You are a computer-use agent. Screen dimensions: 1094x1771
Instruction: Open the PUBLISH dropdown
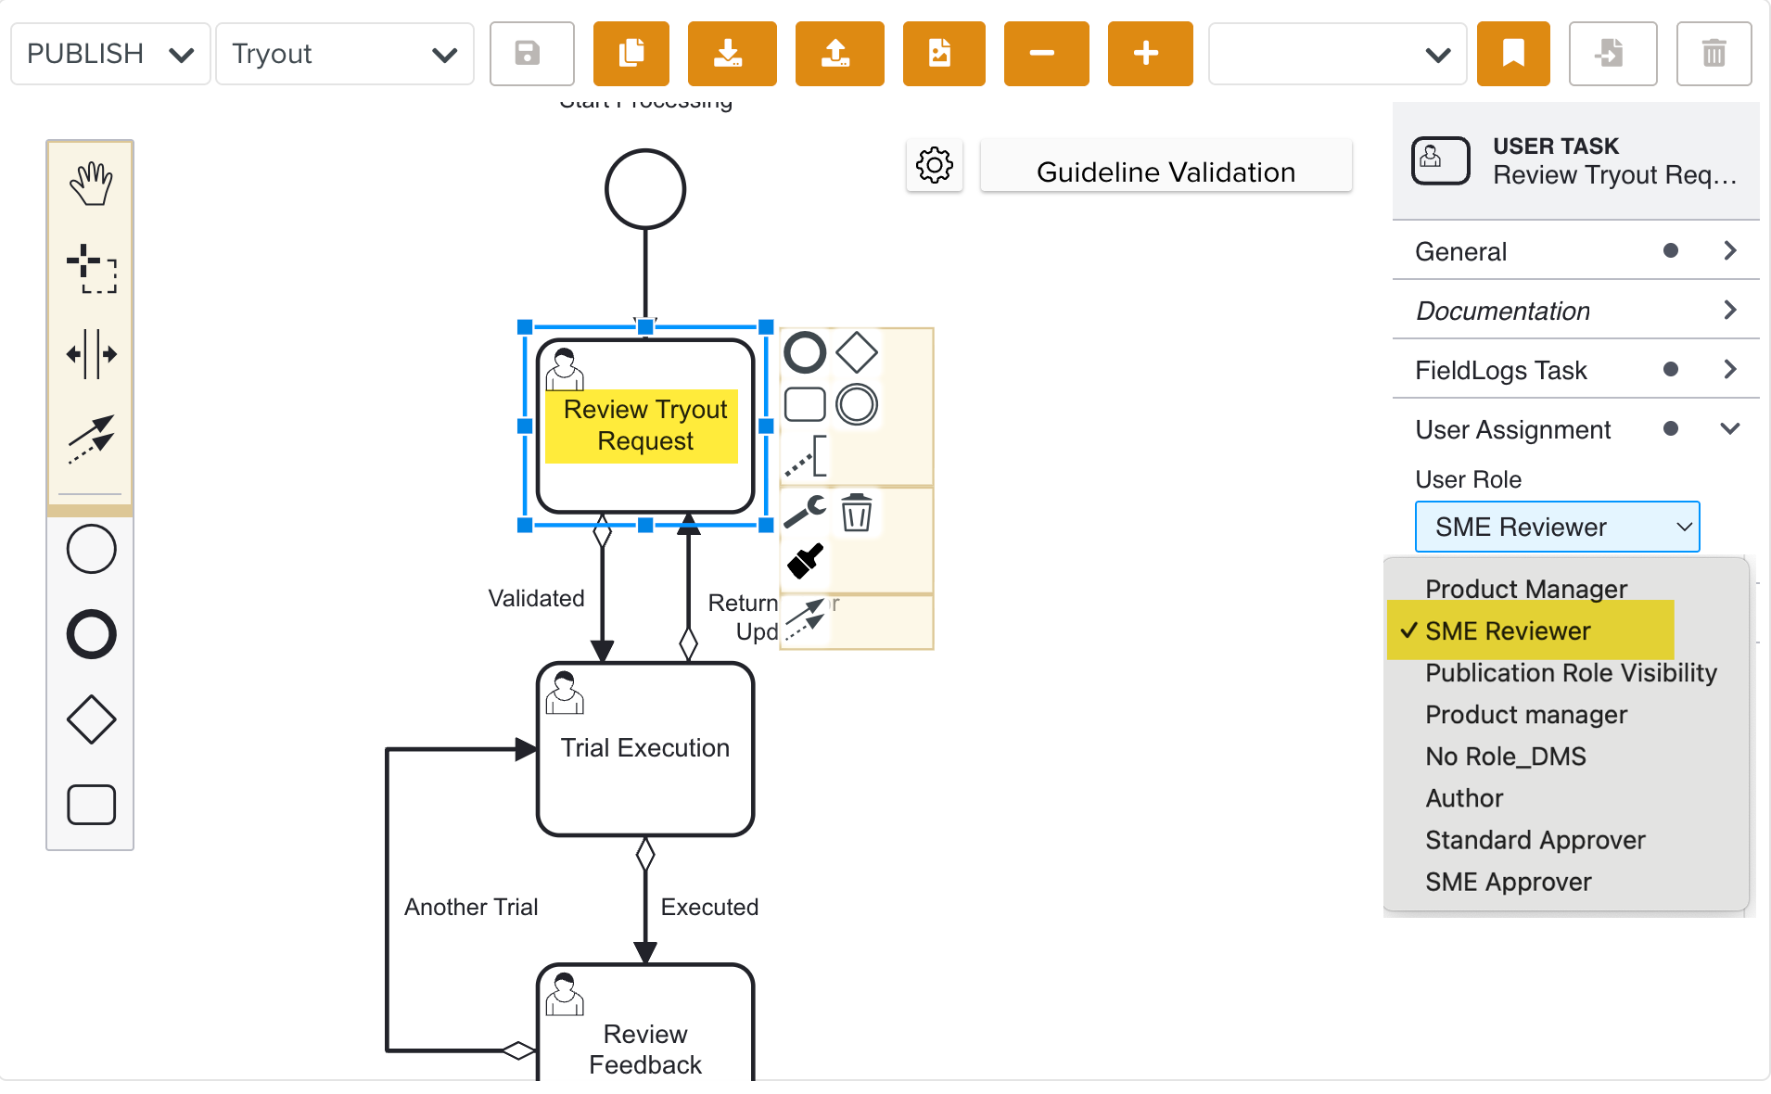[110, 54]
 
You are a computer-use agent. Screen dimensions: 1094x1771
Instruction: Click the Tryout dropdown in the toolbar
[344, 54]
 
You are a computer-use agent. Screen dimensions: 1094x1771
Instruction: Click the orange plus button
[1149, 54]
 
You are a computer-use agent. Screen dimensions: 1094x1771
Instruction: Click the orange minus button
[1045, 54]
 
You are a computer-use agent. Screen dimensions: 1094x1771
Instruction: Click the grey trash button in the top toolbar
[1713, 54]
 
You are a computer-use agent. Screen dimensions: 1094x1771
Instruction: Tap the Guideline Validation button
[1166, 172]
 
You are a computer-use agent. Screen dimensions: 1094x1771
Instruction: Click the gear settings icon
[934, 166]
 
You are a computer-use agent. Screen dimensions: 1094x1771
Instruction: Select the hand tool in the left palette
[91, 184]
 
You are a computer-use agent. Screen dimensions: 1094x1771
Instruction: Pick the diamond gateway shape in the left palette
[91, 719]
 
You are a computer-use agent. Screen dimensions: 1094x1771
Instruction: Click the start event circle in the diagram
[645, 189]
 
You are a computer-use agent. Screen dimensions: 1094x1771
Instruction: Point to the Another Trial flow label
[471, 907]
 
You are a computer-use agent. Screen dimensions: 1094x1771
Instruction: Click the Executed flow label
[709, 907]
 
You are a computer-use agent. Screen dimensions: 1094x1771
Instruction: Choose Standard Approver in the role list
[1535, 840]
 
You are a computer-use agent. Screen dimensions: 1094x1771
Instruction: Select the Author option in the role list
[1464, 798]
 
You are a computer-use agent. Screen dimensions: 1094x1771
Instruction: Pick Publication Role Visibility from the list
[1571, 673]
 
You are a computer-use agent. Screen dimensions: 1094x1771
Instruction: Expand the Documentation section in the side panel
[1575, 311]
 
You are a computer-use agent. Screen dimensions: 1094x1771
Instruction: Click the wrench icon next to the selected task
[805, 511]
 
